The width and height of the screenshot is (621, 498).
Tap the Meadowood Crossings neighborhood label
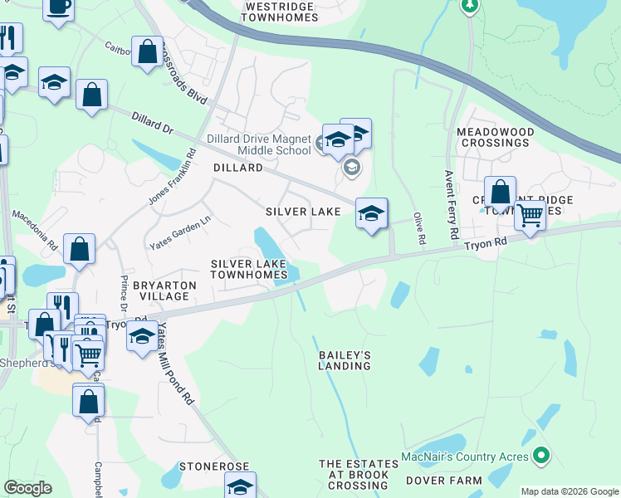pos(492,137)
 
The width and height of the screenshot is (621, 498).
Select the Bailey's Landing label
pos(345,360)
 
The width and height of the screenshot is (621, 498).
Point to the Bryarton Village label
pos(164,290)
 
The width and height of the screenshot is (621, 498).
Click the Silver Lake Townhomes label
pos(248,269)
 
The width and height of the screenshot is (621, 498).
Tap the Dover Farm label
pos(443,481)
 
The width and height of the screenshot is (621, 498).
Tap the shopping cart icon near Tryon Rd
pos(529,216)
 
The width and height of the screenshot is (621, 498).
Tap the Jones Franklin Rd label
pos(172,177)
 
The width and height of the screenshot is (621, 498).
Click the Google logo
pos(27,488)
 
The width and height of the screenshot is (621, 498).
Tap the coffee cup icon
pos(58,7)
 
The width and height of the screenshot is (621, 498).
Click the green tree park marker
pos(470,5)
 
